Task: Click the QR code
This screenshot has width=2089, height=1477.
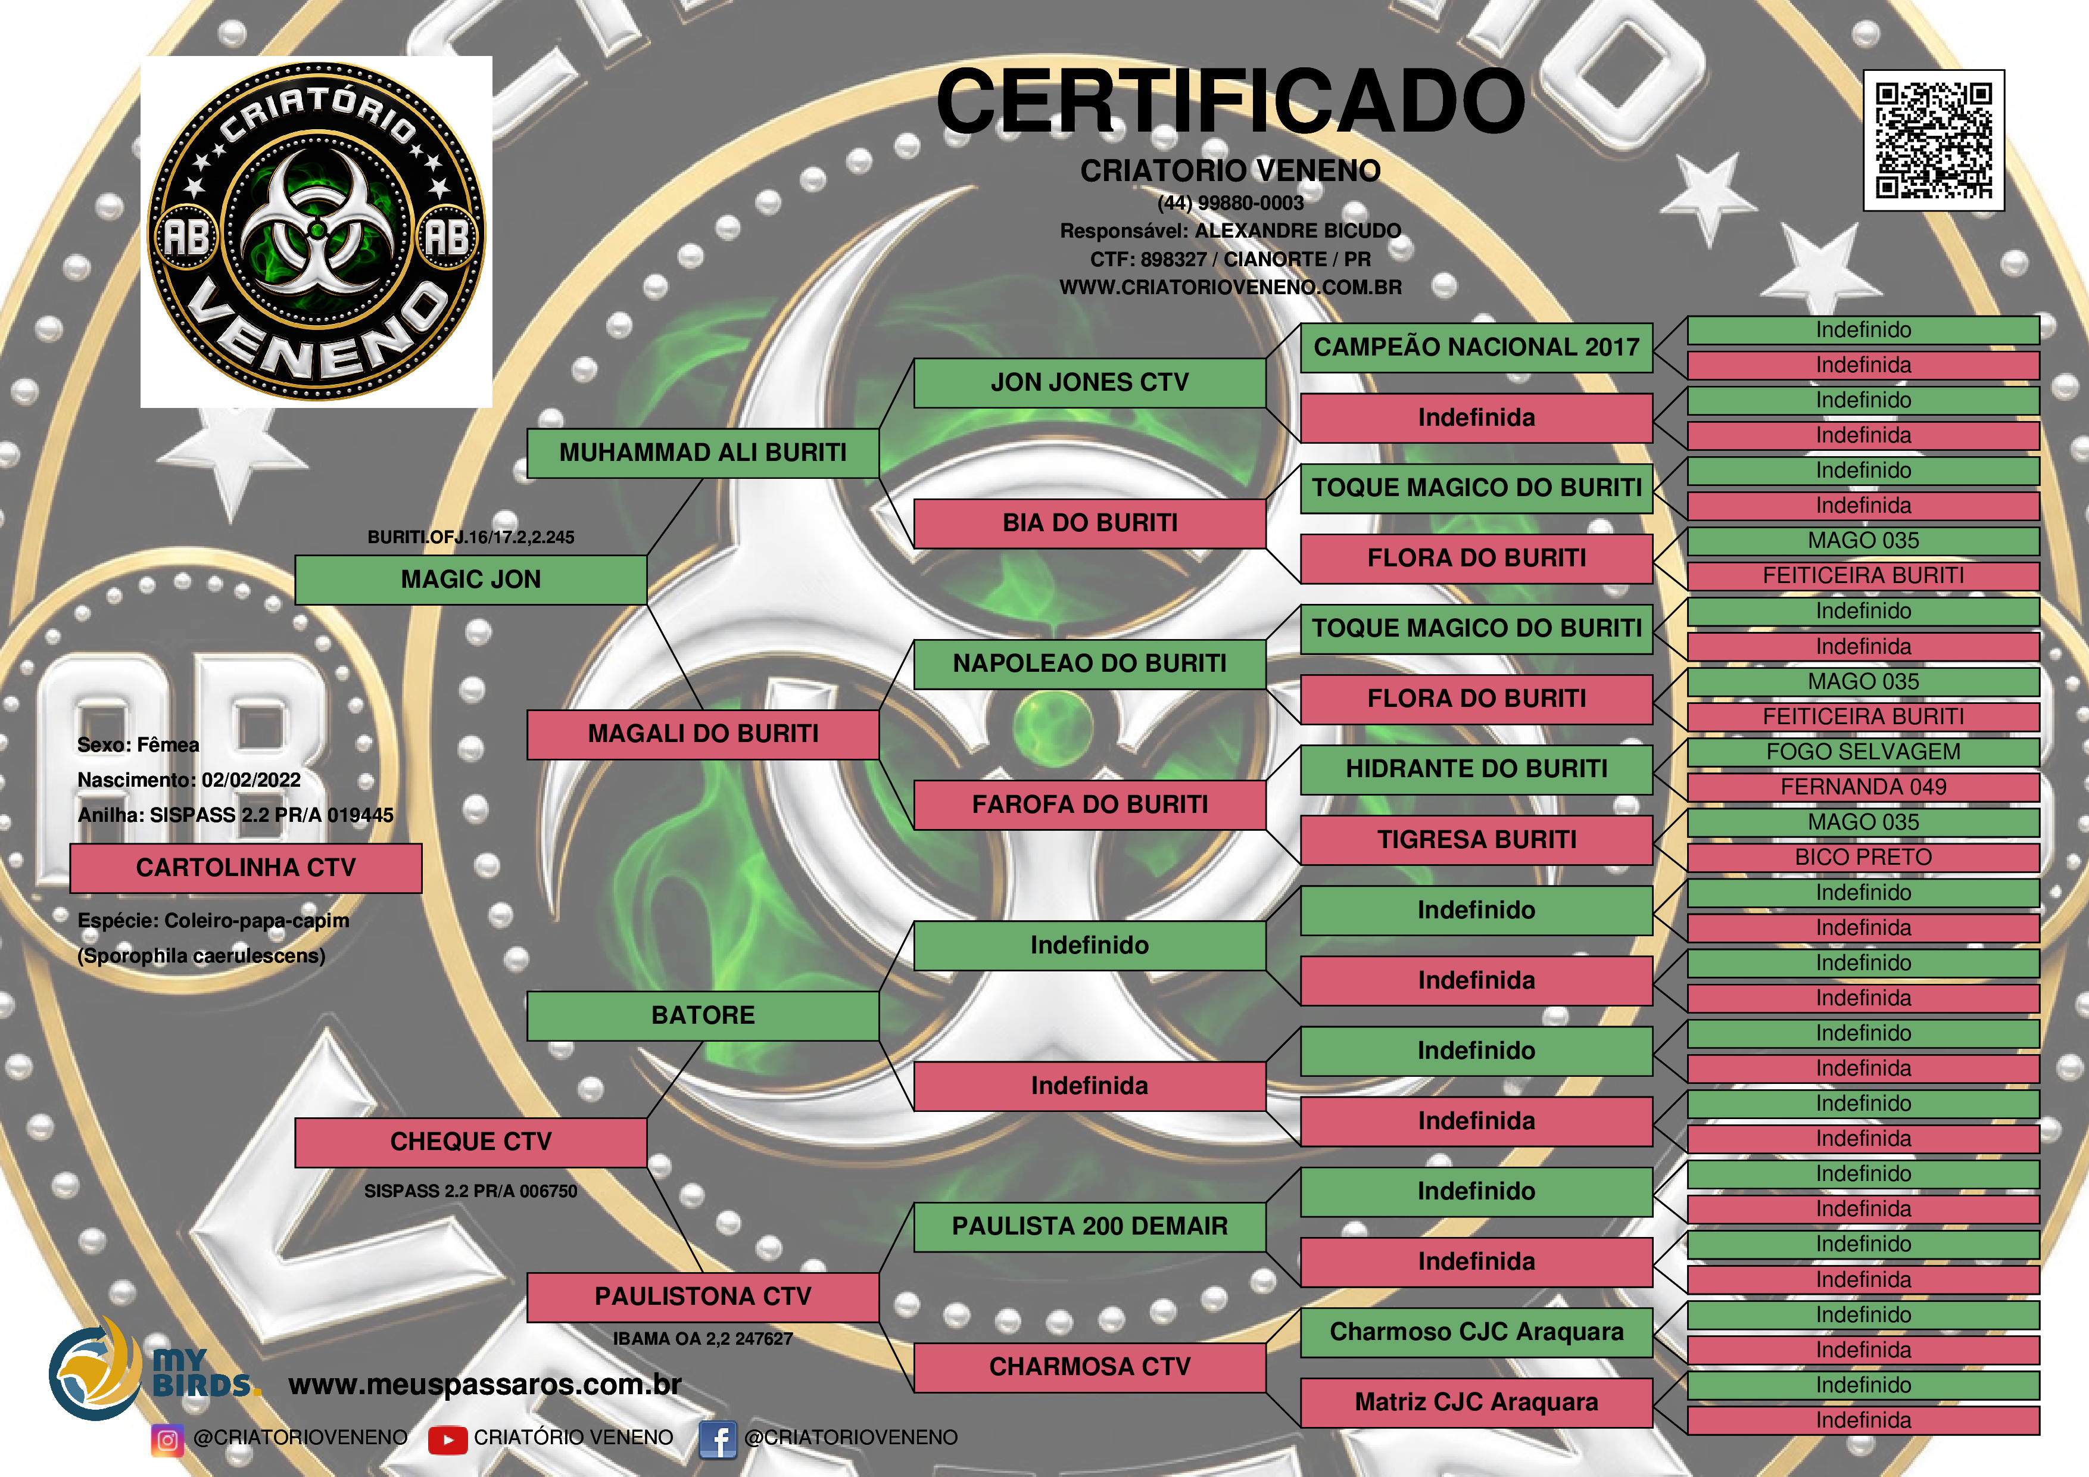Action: click(x=1934, y=140)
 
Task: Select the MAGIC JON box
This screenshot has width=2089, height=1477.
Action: click(x=470, y=579)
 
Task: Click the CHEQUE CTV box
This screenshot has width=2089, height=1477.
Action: click(x=470, y=1142)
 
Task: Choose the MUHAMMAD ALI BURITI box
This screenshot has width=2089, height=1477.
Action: click(x=703, y=453)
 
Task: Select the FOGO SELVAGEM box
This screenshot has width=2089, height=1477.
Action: click(x=1863, y=752)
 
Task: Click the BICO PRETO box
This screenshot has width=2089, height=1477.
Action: click(x=1863, y=857)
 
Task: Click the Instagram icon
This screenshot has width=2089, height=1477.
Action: click(x=167, y=1439)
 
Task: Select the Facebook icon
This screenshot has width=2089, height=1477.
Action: click(x=718, y=1439)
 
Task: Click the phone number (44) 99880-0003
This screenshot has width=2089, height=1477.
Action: click(x=1230, y=203)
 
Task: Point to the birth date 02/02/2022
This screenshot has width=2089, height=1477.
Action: click(x=251, y=780)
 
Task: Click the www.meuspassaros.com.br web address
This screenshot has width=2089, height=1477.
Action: click(x=485, y=1385)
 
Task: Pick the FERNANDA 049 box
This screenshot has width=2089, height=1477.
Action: click(x=1863, y=787)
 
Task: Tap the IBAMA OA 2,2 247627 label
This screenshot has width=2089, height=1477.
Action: click(x=703, y=1339)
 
